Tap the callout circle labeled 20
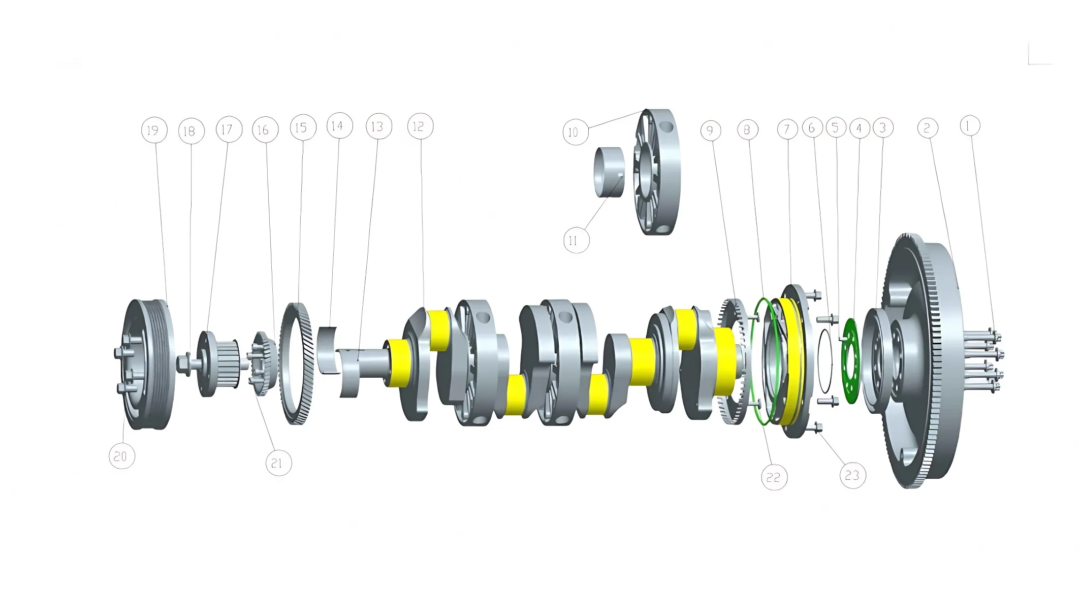coord(122,456)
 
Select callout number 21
coord(278,463)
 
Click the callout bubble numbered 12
coord(420,126)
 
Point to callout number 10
coord(576,133)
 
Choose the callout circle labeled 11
coord(576,240)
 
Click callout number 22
coord(774,477)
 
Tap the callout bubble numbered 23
coord(852,475)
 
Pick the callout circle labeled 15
coord(303,127)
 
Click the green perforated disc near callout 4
coord(850,361)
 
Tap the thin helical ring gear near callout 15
coord(296,363)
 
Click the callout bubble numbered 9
coord(710,131)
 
